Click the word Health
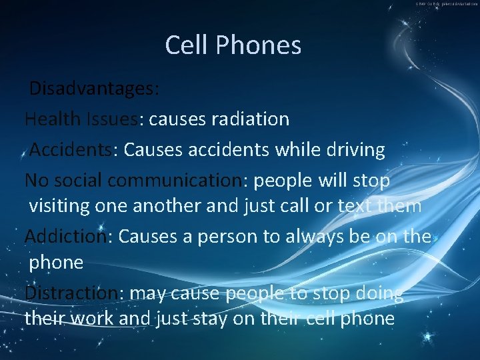coord(53,119)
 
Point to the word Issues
coord(114,119)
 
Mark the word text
coord(354,205)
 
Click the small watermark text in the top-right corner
coord(447,4)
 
